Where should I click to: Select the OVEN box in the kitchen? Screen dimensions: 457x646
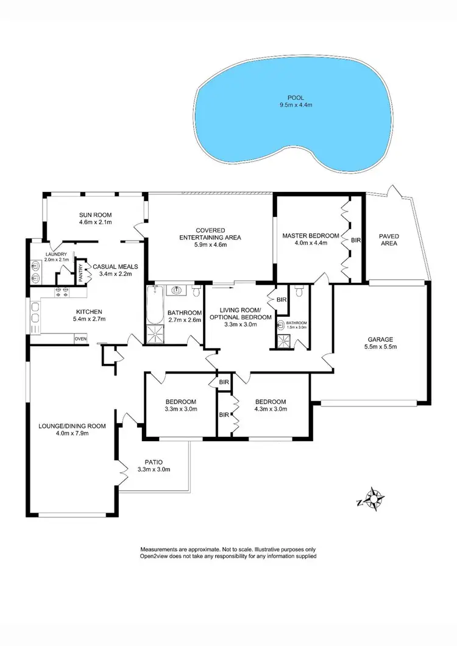point(80,338)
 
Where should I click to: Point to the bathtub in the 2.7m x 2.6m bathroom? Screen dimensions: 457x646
point(152,305)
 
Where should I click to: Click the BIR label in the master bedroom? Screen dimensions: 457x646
point(356,240)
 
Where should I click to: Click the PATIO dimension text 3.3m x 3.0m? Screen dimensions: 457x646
point(154,469)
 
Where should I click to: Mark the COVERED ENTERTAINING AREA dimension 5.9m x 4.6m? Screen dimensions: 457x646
point(210,246)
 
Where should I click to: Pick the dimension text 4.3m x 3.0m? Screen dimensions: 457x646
point(271,410)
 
